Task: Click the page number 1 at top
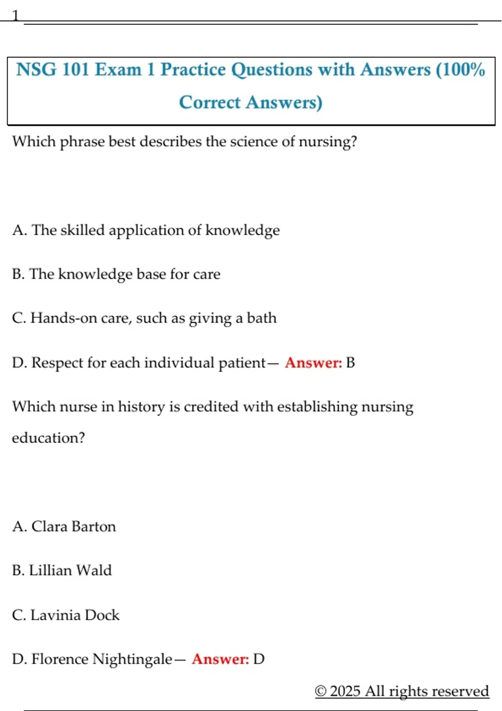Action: coord(15,16)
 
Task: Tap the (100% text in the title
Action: coord(460,69)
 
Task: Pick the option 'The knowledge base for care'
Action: coord(125,274)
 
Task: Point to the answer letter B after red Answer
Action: coord(351,363)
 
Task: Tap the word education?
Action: coord(48,438)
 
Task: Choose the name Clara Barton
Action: coord(74,527)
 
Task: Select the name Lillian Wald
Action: coord(70,570)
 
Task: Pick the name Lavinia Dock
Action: coord(75,615)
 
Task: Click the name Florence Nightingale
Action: coord(102,659)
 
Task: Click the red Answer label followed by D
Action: coord(220,659)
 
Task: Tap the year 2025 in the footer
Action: coord(345,691)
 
